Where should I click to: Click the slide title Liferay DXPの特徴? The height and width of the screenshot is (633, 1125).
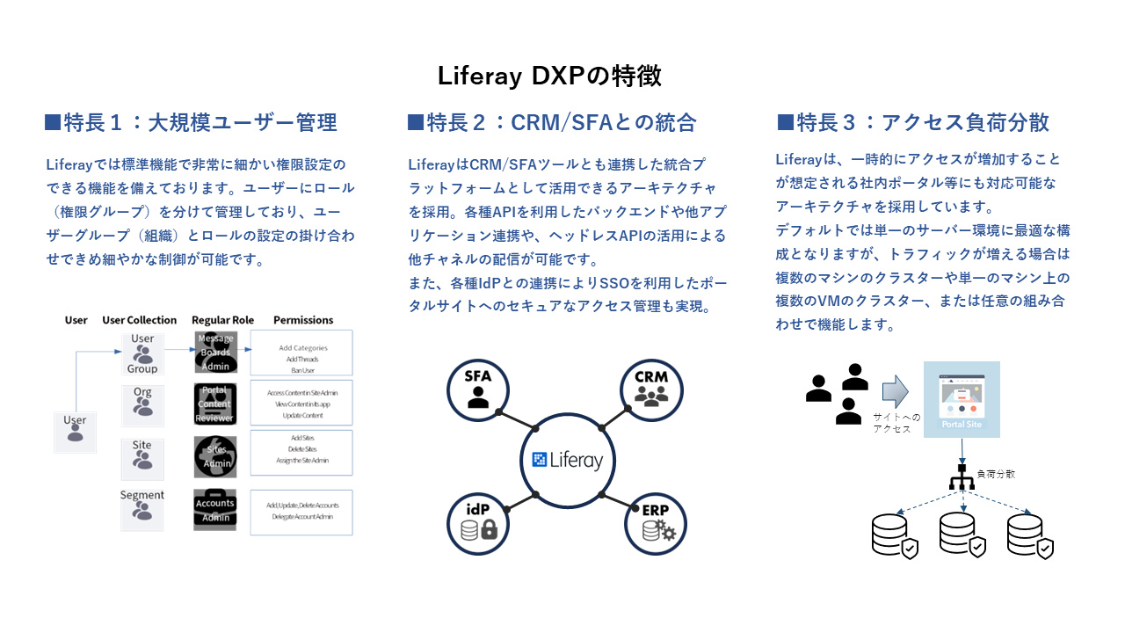click(x=549, y=76)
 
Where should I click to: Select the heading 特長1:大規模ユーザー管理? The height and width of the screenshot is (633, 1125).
click(x=191, y=122)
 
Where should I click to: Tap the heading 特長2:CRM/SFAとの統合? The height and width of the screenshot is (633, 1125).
click(x=552, y=122)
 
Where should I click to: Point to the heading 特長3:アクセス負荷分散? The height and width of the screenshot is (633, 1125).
click(x=913, y=122)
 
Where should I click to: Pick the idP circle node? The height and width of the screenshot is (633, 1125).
click(x=478, y=523)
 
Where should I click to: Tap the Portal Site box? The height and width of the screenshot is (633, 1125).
click(x=962, y=399)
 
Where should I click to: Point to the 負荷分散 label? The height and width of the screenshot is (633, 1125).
click(x=996, y=473)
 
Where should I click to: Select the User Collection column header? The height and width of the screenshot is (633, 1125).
click(x=140, y=320)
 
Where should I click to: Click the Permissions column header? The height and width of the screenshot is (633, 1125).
click(x=303, y=320)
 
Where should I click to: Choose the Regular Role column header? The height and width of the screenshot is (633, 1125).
click(x=222, y=320)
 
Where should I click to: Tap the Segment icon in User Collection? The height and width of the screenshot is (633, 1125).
click(x=142, y=510)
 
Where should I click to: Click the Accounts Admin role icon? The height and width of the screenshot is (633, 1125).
click(x=215, y=510)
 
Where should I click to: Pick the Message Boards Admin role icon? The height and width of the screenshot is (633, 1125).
click(x=215, y=353)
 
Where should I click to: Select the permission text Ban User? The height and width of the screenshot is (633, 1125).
click(x=302, y=369)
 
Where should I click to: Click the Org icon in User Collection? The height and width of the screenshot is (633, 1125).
click(x=142, y=403)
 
